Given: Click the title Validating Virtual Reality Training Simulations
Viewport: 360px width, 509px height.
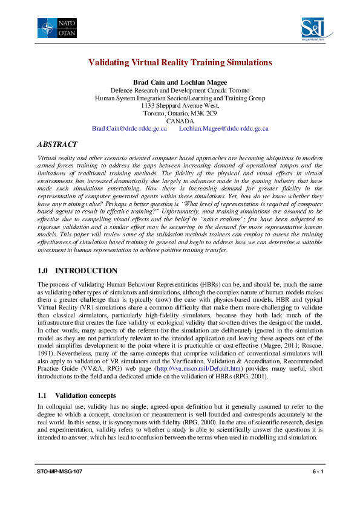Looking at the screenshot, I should [180, 62].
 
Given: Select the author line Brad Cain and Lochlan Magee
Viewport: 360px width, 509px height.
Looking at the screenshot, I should [180, 82].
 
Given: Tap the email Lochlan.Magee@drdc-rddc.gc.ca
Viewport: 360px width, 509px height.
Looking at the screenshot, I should [224, 129].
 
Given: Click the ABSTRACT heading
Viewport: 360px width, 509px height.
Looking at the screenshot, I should [57, 145].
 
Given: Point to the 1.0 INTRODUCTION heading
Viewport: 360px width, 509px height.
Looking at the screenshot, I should [77, 270].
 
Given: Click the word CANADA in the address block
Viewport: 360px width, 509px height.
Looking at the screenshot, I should [180, 121].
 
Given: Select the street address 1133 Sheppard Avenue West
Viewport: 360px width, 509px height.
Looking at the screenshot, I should [180, 105].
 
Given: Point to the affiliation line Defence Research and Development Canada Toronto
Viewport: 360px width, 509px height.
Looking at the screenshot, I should [180, 89].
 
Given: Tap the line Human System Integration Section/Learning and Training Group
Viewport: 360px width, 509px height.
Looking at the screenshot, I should [180, 97].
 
